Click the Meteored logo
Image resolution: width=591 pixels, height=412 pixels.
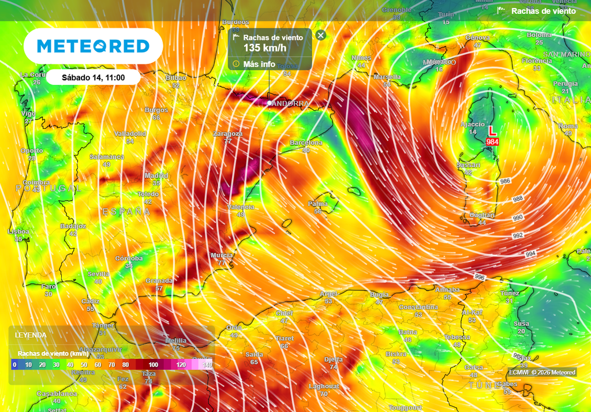pyautogui.click(x=93, y=46)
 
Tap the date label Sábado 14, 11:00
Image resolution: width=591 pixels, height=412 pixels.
pyautogui.click(x=93, y=77)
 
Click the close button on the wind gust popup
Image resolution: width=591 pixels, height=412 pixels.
pyautogui.click(x=321, y=35)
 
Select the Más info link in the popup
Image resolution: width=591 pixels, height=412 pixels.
pyautogui.click(x=259, y=64)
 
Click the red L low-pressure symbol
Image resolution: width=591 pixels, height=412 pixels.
pyautogui.click(x=492, y=131)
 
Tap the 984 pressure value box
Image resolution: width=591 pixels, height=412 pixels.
pyautogui.click(x=492, y=141)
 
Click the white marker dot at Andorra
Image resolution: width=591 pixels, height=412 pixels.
pyautogui.click(x=270, y=103)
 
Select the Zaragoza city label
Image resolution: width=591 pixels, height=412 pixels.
pyautogui.click(x=227, y=133)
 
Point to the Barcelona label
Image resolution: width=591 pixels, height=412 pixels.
pyautogui.click(x=306, y=143)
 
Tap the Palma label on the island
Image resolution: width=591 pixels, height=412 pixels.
pyautogui.click(x=317, y=204)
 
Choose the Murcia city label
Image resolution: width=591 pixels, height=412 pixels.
pyautogui.click(x=222, y=255)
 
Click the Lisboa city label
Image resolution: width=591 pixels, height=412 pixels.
pyautogui.click(x=18, y=231)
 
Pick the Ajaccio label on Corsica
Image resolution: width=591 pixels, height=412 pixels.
pyautogui.click(x=473, y=125)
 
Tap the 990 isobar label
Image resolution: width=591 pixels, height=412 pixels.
pyautogui.click(x=518, y=218)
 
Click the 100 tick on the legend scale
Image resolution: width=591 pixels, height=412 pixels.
pyautogui.click(x=153, y=365)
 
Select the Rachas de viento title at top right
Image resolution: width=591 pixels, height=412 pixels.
pyautogui.click(x=543, y=11)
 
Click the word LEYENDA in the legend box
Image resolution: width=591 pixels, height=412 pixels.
pyautogui.click(x=31, y=335)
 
